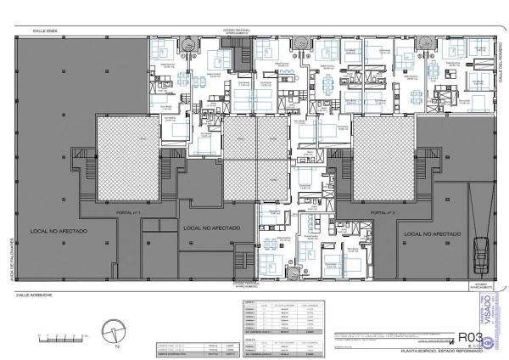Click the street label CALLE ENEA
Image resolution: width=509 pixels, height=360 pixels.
(x=43, y=31)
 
